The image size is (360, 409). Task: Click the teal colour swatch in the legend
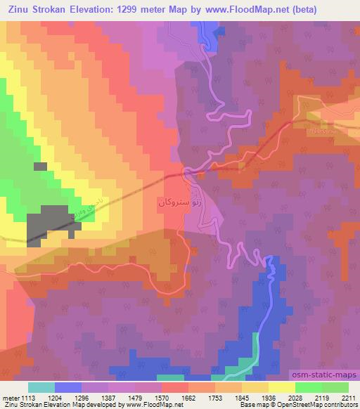click(41, 387)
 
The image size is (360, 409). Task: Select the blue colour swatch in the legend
click(67, 387)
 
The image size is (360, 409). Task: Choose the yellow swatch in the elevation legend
click(282, 387)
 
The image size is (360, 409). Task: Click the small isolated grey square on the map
click(40, 167)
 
